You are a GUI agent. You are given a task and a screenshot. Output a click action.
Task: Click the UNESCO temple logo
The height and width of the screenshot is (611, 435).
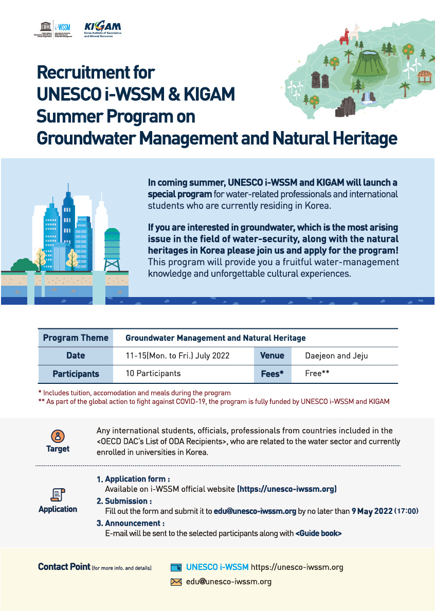42,26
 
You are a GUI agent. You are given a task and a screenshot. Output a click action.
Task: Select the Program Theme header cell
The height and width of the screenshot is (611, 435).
76,338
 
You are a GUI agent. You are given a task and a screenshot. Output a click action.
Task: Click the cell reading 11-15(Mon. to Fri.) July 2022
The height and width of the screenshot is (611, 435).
177,356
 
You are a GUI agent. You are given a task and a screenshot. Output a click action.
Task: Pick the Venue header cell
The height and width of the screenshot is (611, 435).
272,356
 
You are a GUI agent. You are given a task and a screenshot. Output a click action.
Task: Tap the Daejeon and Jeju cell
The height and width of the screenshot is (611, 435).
336,356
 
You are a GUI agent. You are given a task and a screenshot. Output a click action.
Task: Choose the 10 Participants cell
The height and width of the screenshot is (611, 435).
153,374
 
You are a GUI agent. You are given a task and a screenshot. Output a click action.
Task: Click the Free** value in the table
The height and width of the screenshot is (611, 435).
317,374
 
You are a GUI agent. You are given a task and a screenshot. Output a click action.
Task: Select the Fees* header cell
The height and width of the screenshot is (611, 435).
272,374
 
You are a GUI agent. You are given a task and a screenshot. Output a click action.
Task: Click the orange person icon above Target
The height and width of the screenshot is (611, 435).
58,436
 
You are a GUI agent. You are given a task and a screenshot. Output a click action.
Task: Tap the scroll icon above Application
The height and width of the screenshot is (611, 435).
58,494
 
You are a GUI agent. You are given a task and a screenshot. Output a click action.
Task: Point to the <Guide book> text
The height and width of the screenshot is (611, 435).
318,533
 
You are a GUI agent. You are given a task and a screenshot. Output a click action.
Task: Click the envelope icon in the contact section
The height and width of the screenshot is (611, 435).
176,582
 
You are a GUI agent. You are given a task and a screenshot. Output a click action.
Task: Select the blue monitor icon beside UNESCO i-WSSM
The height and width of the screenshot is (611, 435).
176,568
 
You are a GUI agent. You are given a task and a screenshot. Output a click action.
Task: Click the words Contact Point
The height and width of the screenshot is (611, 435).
64,567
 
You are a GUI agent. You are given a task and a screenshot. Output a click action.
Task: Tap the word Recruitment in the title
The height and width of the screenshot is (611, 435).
96,72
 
